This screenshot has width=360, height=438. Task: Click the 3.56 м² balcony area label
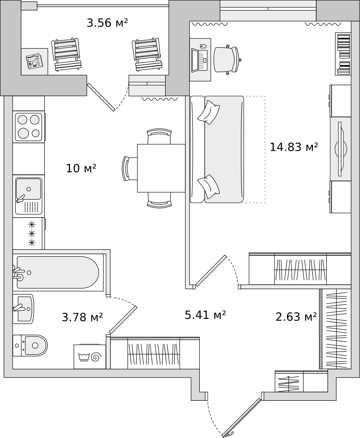(107, 23)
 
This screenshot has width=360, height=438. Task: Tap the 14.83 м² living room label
(294, 147)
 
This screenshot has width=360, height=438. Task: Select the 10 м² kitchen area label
(81, 168)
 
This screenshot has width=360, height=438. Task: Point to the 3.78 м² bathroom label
(82, 317)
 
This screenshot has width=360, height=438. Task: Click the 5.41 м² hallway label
(205, 315)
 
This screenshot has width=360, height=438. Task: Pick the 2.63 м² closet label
(296, 317)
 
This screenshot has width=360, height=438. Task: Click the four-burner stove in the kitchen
(29, 127)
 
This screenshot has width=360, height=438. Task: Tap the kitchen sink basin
(28, 196)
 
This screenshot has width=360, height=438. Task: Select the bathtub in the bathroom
(58, 272)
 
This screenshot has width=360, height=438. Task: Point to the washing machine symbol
(90, 357)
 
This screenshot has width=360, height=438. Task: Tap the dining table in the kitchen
(161, 168)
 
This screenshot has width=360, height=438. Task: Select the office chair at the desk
(226, 60)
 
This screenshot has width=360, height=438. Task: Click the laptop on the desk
(200, 60)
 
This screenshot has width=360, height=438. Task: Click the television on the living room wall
(340, 148)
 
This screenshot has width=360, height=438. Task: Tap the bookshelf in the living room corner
(343, 54)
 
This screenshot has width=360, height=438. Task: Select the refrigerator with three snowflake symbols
(29, 233)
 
